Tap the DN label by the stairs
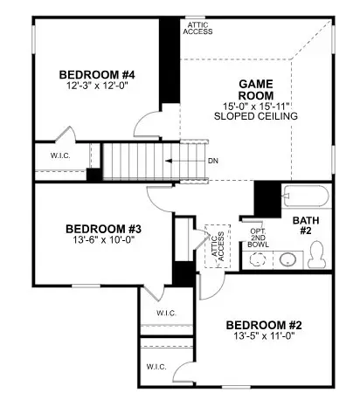pos(214,161)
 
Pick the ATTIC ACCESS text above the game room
pos(197,29)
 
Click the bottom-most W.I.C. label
pos(156,366)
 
